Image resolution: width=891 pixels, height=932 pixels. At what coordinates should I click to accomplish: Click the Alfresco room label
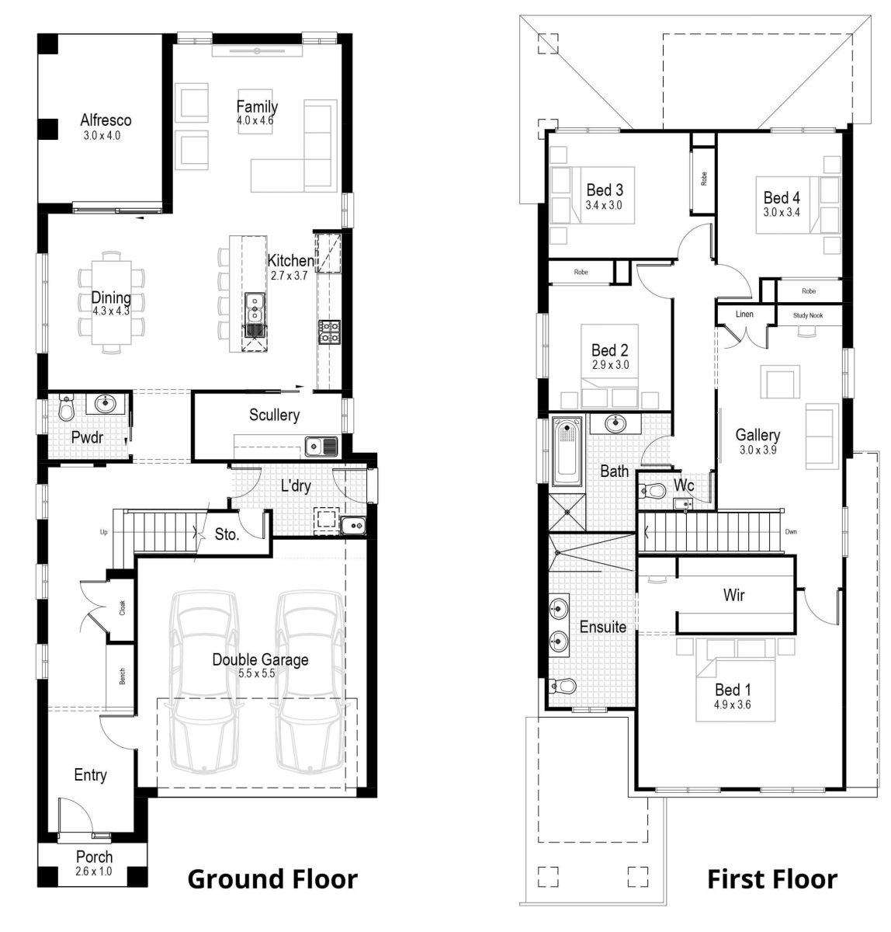(106, 120)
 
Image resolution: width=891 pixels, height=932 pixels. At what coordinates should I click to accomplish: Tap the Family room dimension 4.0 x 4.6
(255, 121)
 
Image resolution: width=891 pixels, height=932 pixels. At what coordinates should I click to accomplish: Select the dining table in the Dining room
(112, 301)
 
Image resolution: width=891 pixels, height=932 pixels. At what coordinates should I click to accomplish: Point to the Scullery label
(274, 416)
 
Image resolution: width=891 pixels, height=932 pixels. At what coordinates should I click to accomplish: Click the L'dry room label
(296, 487)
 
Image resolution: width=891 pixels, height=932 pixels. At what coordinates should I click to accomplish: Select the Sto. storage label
(227, 534)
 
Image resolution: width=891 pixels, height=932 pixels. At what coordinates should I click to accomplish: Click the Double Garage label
(260, 660)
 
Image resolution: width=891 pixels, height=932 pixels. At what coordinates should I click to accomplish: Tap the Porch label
(94, 857)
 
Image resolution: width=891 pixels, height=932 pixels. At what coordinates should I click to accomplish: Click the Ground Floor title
(272, 879)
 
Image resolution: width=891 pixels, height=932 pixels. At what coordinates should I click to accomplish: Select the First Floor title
(771, 879)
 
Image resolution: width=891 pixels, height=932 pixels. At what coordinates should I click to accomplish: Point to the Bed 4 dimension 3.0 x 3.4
(781, 212)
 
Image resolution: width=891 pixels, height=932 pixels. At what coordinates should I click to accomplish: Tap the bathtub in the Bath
(567, 451)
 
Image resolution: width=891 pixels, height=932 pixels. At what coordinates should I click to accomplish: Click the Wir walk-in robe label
(733, 596)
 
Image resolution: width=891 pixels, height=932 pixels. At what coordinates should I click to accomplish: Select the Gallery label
(758, 435)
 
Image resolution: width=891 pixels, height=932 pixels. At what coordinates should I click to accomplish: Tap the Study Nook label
(807, 315)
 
